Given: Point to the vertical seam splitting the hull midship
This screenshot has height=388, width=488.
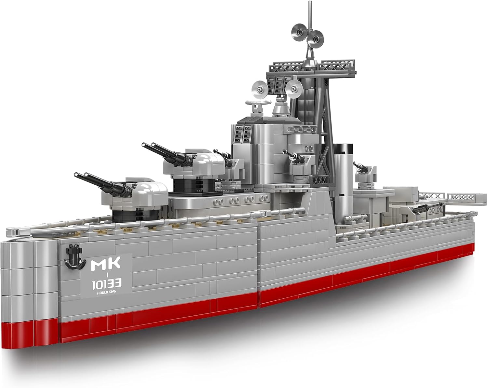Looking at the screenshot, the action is tap(259, 261).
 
